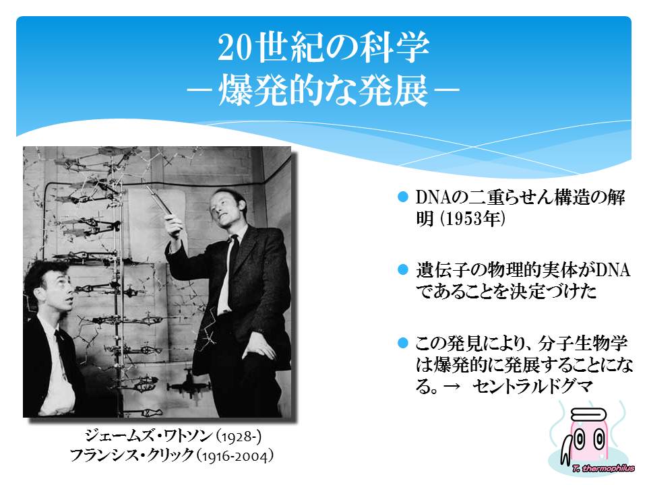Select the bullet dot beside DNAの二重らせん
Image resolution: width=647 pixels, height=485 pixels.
pos(403,197)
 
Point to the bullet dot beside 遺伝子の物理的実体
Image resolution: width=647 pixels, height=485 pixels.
pos(403,269)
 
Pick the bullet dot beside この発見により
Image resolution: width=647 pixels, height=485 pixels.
pos(403,343)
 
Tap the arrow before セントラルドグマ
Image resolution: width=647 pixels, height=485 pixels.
pos(452,387)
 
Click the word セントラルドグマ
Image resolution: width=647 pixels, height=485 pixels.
pos(532,387)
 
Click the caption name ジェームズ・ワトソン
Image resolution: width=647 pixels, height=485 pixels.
pos(148,436)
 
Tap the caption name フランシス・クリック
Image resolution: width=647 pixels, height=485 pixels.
pos(131,455)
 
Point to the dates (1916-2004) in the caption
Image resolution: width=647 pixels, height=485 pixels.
pos(235,456)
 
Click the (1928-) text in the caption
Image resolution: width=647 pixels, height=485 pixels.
pos(239,437)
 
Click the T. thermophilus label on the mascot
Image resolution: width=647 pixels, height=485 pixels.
pos(603,468)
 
